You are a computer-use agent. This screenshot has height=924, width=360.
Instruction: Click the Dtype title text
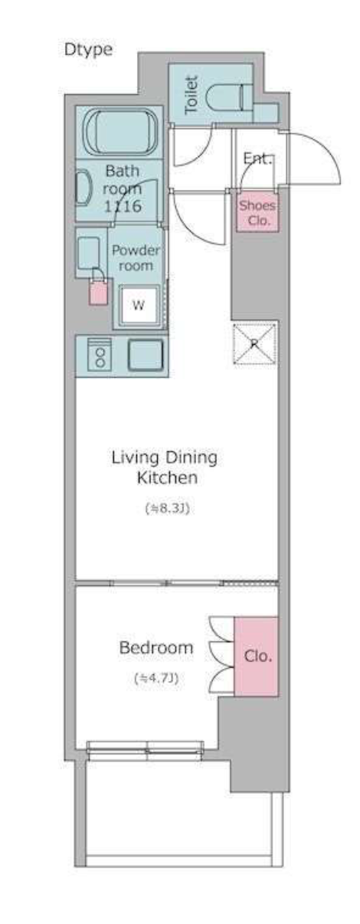click(88, 51)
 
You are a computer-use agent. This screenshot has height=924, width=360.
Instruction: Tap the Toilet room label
click(191, 95)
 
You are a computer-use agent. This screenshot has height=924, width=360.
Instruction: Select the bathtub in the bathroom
click(120, 132)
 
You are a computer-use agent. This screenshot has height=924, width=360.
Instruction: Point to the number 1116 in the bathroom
click(122, 206)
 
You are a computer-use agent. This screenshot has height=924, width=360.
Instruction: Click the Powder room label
click(136, 257)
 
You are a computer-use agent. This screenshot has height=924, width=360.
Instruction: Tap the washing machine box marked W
click(139, 306)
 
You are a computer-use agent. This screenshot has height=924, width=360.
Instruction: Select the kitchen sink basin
click(146, 355)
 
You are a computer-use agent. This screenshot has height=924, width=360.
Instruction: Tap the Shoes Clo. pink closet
click(257, 211)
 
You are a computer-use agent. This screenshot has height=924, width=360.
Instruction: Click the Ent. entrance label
click(257, 159)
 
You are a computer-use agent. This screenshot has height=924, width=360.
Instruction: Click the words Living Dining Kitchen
click(165, 467)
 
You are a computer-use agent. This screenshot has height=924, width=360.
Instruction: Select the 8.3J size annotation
click(167, 509)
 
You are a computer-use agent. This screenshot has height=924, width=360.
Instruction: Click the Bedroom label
click(156, 647)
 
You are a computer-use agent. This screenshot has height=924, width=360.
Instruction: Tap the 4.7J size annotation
click(156, 678)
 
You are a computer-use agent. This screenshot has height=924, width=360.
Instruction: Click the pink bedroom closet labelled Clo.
click(256, 657)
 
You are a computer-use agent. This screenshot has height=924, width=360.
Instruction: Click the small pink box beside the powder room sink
click(99, 291)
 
